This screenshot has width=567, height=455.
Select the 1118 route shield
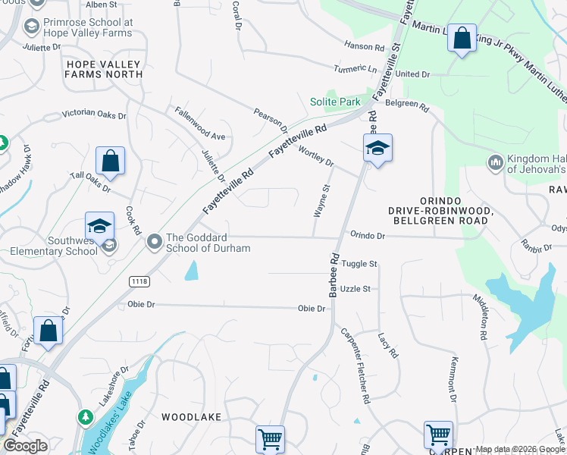click(139, 281)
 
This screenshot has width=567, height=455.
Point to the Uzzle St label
click(355, 289)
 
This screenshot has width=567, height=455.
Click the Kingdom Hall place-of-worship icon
click(495, 162)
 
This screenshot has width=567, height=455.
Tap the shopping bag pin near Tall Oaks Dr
click(110, 161)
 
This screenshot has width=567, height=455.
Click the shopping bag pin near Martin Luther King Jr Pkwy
click(462, 38)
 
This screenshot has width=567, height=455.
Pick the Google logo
click(25, 446)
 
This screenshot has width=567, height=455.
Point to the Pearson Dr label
click(271, 118)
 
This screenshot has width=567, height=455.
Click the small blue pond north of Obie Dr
click(192, 270)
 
